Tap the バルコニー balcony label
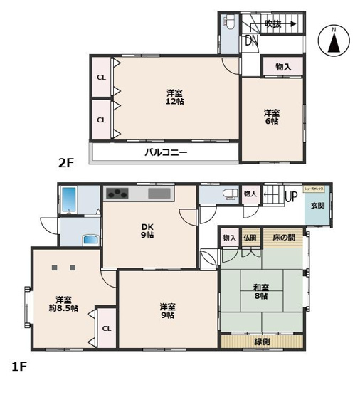(166, 152)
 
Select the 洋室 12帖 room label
(175, 97)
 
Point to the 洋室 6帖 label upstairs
(272, 117)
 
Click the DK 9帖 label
(147, 231)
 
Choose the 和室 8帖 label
(260, 292)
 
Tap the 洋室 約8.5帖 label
(63, 303)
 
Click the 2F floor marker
(66, 162)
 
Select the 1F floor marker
(18, 367)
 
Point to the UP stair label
(290, 197)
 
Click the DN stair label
(251, 41)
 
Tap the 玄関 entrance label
(317, 206)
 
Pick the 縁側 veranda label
(263, 342)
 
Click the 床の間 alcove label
(282, 238)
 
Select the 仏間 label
(249, 238)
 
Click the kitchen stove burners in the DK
(116, 193)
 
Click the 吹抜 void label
(272, 24)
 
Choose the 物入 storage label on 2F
(283, 66)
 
